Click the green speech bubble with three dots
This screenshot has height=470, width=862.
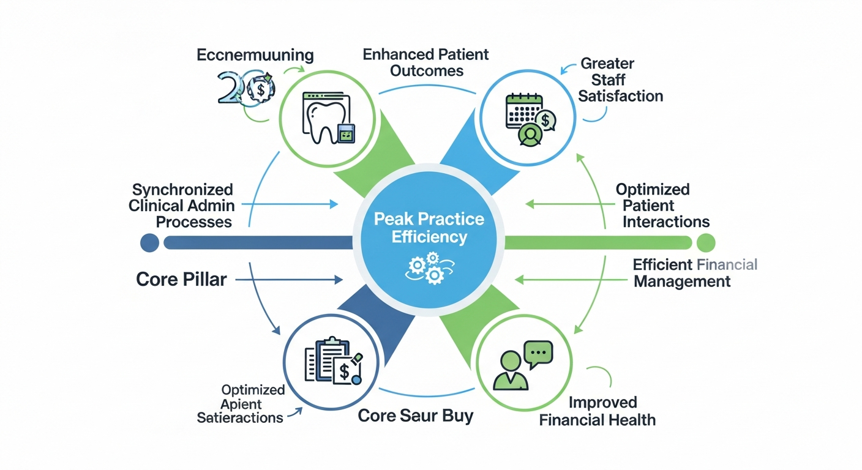[538, 352]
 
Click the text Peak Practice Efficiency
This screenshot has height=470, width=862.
[429, 228]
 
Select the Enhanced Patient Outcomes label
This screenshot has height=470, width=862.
[425, 62]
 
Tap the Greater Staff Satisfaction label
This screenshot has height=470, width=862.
[620, 80]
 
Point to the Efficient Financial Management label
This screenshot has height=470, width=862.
[694, 273]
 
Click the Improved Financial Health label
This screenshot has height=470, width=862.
[603, 411]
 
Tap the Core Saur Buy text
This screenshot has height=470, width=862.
[415, 416]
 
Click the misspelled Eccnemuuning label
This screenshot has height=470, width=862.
[255, 55]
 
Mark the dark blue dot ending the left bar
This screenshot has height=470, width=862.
[149, 243]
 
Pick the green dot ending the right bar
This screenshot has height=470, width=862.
[706, 243]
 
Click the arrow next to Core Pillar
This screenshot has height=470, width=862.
[288, 280]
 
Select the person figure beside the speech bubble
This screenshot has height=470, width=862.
[511, 370]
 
